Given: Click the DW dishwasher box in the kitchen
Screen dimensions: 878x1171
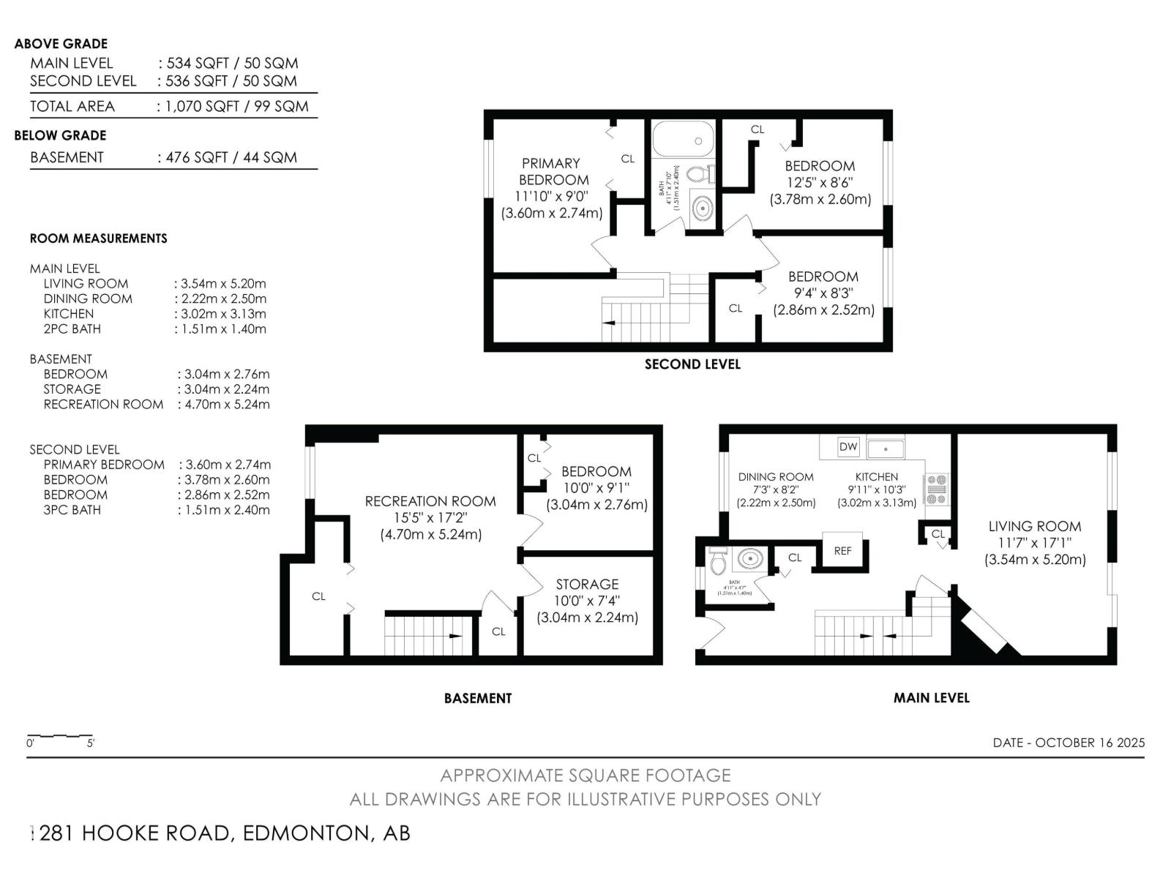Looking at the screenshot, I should click(x=848, y=447).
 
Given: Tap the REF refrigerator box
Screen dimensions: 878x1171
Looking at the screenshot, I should click(x=842, y=551).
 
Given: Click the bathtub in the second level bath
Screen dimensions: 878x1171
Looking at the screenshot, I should click(x=682, y=139).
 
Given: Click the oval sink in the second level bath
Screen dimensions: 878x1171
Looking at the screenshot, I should click(x=702, y=209).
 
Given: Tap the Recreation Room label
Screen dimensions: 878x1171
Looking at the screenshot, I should click(x=430, y=501).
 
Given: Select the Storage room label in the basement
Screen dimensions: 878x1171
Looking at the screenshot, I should click(x=587, y=584).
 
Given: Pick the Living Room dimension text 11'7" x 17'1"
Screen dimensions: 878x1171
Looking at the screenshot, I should click(x=1034, y=543).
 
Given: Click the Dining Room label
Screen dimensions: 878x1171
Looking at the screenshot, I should click(x=776, y=476).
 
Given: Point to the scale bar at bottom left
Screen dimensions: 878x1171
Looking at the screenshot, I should click(x=60, y=736).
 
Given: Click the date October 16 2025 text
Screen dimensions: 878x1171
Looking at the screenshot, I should click(x=1069, y=742).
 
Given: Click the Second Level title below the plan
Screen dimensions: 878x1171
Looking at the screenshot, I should click(x=692, y=364).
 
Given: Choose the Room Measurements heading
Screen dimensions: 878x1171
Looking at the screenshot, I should click(x=98, y=239).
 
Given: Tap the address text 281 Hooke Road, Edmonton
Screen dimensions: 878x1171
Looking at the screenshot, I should click(x=223, y=833).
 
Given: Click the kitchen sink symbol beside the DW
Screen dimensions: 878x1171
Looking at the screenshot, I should click(x=886, y=447).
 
